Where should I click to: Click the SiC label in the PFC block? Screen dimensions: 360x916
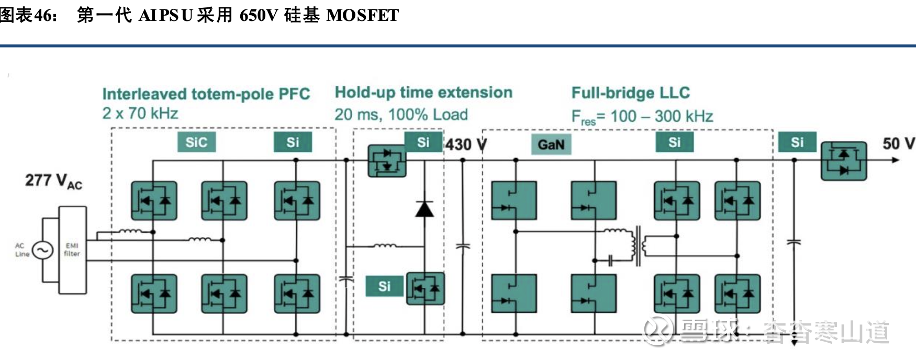point(196,142)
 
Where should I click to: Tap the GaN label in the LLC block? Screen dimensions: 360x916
point(551,144)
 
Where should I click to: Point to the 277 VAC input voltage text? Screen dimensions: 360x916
point(53,181)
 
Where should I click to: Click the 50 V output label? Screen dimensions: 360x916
point(898,143)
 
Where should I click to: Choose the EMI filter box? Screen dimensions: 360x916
point(72,250)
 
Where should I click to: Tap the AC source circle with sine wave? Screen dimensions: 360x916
point(42,250)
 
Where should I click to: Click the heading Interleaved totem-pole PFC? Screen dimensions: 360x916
point(206,94)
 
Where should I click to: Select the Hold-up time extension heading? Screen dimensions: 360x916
point(423,93)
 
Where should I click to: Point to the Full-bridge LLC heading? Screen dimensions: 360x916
point(630,93)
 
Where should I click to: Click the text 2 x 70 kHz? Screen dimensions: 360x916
point(140,114)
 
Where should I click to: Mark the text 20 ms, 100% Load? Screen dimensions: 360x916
point(401,115)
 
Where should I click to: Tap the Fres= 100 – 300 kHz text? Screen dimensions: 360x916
point(642,116)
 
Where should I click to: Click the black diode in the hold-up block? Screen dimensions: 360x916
point(424,208)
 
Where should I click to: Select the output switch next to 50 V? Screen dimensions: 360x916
point(843,161)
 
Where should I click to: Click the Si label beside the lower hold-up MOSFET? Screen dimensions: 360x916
point(384,286)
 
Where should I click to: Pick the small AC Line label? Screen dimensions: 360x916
point(22,250)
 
